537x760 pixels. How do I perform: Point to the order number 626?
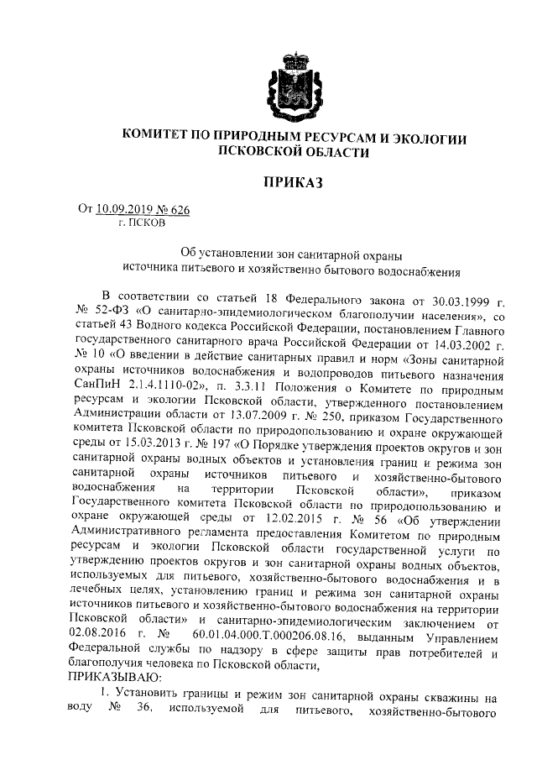[x=178, y=211]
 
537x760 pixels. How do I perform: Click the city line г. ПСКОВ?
[x=142, y=224]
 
